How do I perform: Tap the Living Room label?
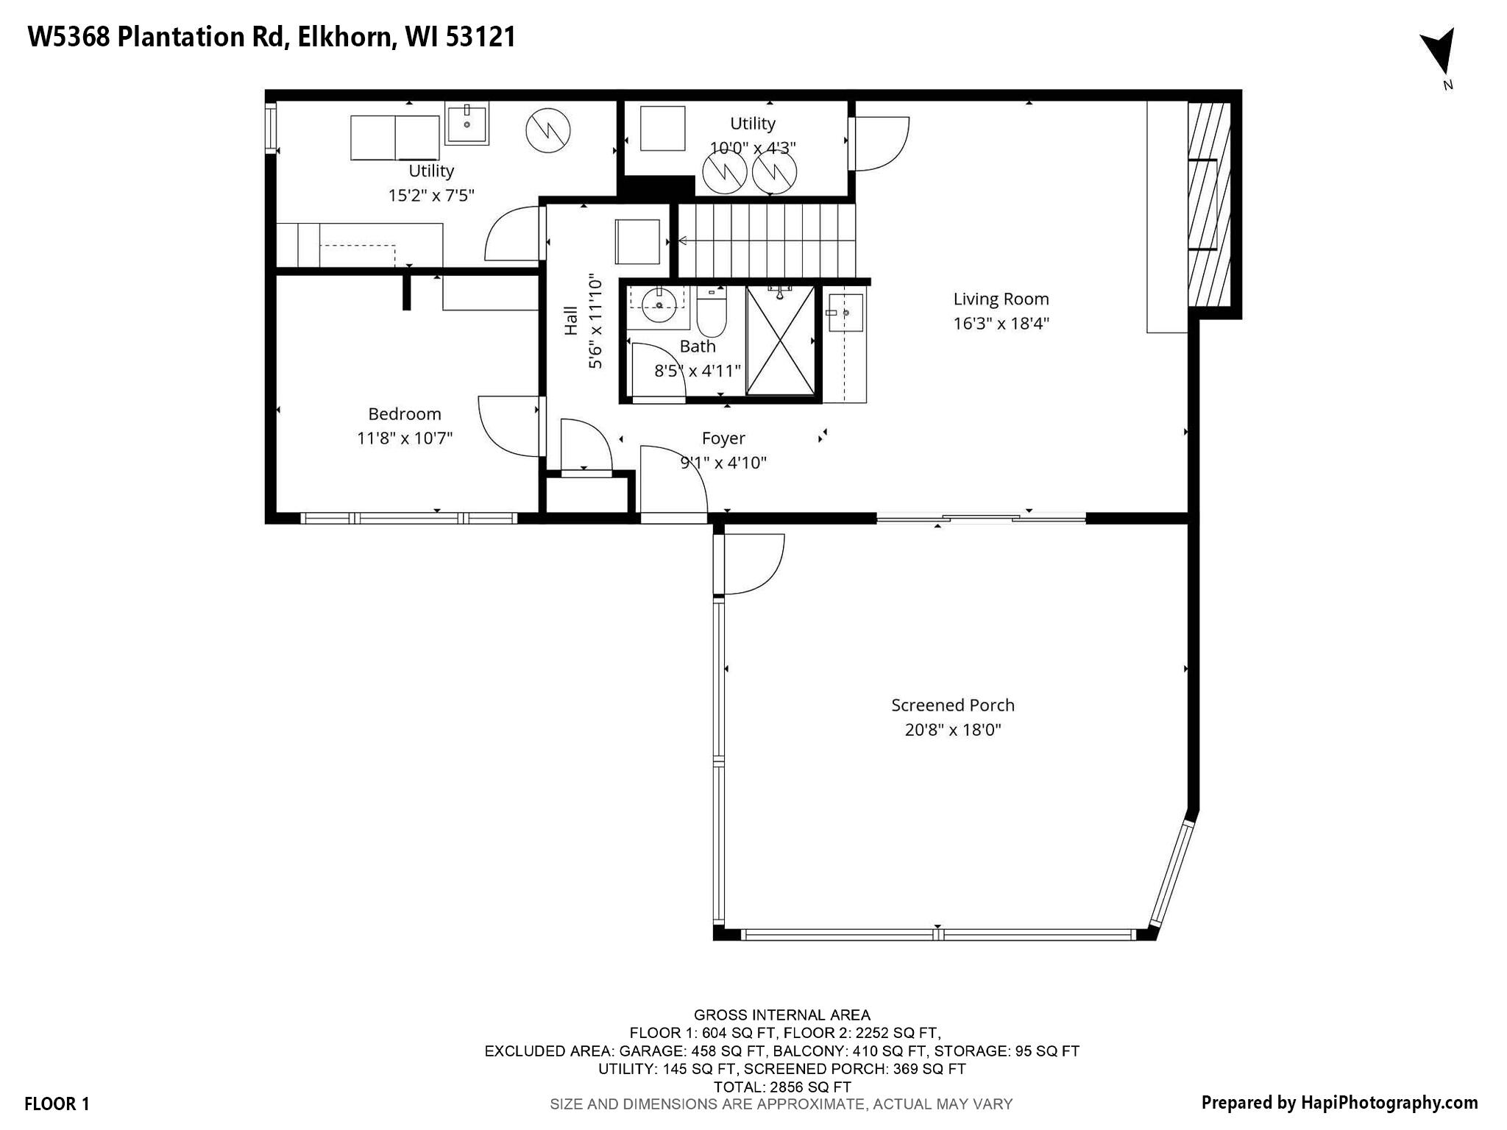(x=1001, y=299)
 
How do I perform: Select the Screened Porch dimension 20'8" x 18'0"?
(x=953, y=730)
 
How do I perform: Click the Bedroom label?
(x=405, y=413)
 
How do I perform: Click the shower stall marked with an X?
(x=781, y=341)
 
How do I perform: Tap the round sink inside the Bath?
(x=659, y=305)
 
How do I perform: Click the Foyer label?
(x=723, y=438)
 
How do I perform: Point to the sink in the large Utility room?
(x=467, y=124)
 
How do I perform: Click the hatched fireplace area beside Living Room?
(x=1209, y=204)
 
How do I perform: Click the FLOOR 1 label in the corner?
(x=57, y=1104)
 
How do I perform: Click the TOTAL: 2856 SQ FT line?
(x=782, y=1087)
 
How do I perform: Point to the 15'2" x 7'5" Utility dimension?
(x=431, y=195)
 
